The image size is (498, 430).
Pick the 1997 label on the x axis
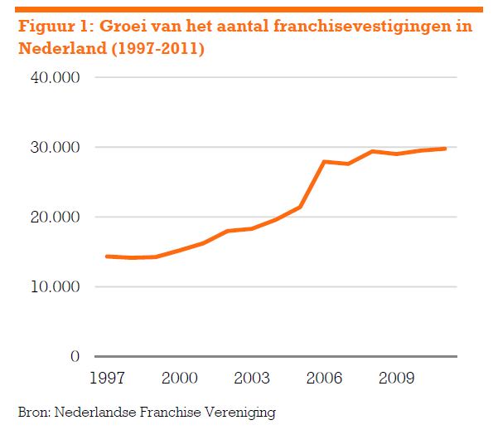click(x=107, y=378)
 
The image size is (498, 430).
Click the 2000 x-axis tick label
click(x=179, y=378)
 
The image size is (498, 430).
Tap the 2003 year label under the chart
click(x=251, y=378)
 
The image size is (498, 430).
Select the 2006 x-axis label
click(x=324, y=378)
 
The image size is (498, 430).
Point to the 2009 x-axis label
click(x=396, y=378)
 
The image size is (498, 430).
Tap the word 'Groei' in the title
click(x=123, y=27)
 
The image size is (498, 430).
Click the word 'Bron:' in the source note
click(x=33, y=412)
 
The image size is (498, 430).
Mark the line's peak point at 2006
click(x=324, y=161)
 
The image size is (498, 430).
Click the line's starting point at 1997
click(x=107, y=257)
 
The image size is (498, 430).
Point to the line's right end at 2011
click(x=445, y=149)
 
